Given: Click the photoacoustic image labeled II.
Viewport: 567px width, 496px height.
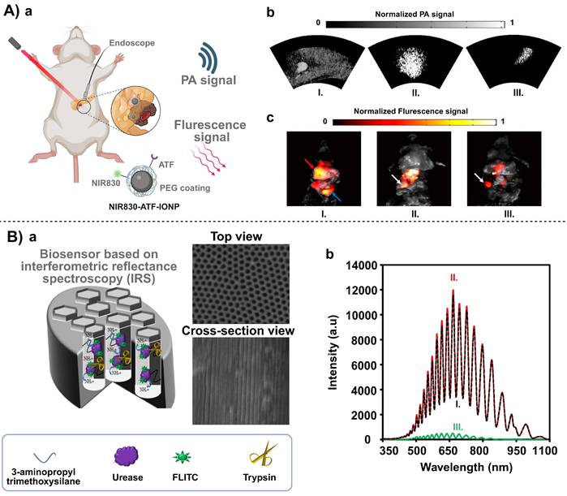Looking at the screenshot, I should (397, 62).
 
